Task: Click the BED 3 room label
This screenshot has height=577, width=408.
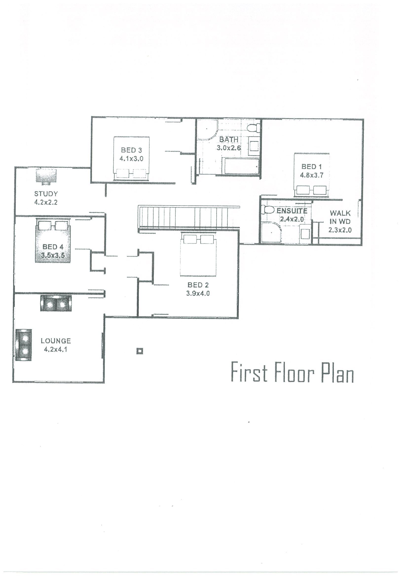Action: tap(131, 150)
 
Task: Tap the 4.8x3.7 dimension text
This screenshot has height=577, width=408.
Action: tap(312, 175)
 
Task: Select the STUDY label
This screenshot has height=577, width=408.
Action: tap(46, 194)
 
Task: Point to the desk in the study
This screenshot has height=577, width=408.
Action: tap(46, 176)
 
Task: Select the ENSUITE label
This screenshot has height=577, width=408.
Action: tap(292, 211)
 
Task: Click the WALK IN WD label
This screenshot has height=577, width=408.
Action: tap(340, 217)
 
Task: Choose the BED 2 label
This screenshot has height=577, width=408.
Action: tap(198, 285)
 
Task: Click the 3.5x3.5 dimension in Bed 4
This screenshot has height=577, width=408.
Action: tap(53, 255)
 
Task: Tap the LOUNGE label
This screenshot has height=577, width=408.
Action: tap(56, 341)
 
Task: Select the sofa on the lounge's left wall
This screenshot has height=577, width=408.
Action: tap(24, 345)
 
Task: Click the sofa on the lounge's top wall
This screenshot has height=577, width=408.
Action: tap(56, 303)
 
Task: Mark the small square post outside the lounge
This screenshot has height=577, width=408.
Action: tap(140, 351)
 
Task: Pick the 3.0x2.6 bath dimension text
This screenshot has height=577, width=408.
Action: tap(228, 148)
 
